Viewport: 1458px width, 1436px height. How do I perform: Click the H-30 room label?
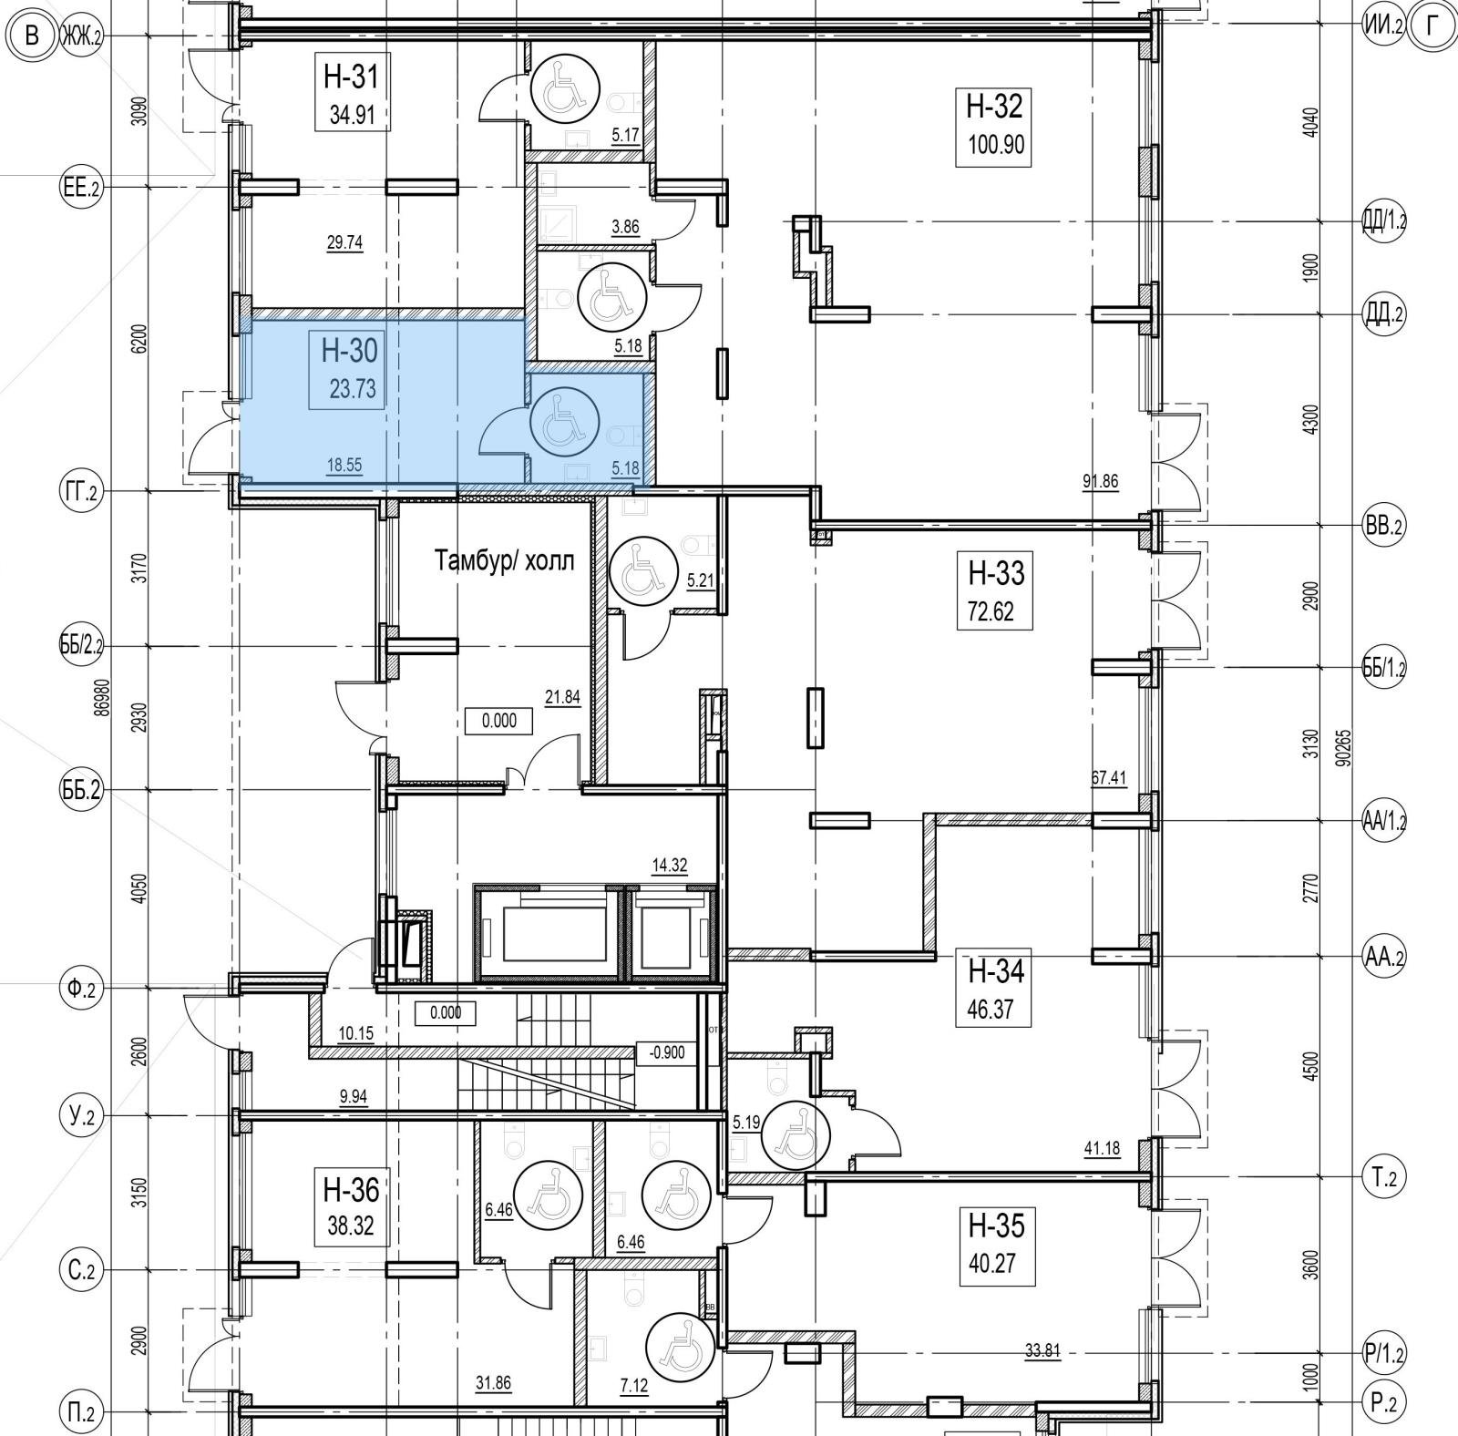pos(348,349)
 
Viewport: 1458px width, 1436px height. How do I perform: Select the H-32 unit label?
pos(994,107)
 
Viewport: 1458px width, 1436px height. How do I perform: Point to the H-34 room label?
pos(996,972)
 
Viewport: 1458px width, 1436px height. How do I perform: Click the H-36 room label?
pos(351,1190)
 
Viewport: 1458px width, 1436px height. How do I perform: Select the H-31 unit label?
pos(351,77)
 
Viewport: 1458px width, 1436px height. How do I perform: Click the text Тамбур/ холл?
pos(505,559)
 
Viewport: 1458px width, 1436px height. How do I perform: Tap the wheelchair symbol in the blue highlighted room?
pos(565,422)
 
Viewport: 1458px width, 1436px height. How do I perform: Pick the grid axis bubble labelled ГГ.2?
pos(79,493)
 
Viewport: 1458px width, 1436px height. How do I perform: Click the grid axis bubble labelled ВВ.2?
pos(1384,526)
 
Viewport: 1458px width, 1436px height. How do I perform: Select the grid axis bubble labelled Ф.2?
pos(79,988)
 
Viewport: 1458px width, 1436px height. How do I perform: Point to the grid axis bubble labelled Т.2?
pos(1384,1178)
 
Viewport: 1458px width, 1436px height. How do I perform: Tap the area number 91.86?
pos(1100,482)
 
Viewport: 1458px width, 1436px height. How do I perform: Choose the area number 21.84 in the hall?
pos(563,697)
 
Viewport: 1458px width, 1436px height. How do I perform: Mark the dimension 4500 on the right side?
pos(1310,1065)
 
